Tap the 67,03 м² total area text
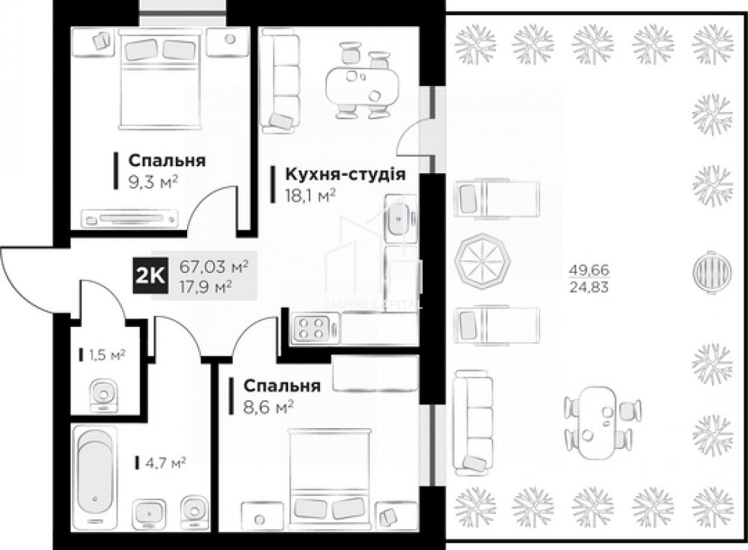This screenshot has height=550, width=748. [x=214, y=266]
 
